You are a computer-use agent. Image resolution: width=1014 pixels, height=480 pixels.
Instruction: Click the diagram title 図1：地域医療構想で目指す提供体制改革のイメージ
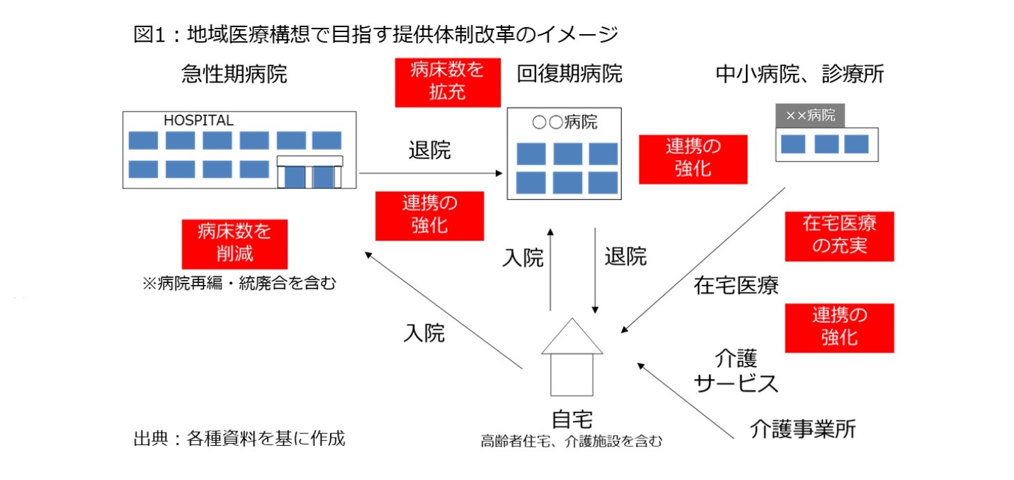[x=375, y=33]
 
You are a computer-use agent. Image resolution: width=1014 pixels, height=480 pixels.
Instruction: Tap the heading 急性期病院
[x=234, y=75]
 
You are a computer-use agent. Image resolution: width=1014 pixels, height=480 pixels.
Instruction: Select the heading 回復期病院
[x=569, y=74]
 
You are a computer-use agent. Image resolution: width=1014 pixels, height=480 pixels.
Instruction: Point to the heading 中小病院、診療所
[x=799, y=75]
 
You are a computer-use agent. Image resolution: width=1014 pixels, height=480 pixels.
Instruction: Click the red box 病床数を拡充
[x=447, y=82]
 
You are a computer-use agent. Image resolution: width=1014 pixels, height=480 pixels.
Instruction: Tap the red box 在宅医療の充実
[x=838, y=236]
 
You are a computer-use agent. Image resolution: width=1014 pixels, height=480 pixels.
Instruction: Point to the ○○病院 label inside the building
[x=564, y=123]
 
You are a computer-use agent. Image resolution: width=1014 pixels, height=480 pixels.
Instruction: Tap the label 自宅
[x=572, y=420]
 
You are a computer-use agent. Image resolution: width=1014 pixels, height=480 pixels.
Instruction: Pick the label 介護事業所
[x=803, y=429]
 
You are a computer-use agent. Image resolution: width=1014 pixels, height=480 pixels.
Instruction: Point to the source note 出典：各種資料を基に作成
[x=239, y=439]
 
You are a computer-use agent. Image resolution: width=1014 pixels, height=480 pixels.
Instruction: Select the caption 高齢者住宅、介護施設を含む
[x=571, y=441]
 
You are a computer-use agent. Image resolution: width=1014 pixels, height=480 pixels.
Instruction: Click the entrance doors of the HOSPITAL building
[x=310, y=176]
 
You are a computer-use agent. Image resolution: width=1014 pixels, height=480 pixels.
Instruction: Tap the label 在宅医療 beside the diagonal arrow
[x=735, y=285]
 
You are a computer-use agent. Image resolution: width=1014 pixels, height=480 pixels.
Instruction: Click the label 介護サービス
[x=735, y=371]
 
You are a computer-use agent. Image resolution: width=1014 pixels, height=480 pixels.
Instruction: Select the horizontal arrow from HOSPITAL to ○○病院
[x=432, y=172]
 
